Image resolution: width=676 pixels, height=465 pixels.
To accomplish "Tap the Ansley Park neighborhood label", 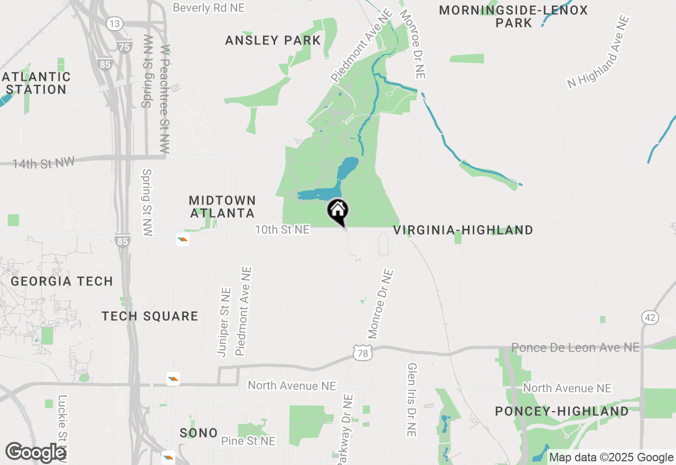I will coord(273,40).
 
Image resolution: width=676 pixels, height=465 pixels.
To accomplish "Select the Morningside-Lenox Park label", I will coord(513,16).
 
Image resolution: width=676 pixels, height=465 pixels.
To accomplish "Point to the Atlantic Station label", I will coord(36,83).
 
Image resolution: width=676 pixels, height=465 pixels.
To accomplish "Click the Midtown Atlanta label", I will coord(222,207).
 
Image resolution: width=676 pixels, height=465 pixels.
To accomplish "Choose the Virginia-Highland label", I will coord(463,230).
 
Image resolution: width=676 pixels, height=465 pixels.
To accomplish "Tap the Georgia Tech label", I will coord(62,281).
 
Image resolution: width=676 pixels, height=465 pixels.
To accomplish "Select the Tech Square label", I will coord(150,316).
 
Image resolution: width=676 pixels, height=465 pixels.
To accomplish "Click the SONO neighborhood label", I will coord(199,433).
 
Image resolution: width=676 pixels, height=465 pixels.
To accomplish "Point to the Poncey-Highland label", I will coord(562,411).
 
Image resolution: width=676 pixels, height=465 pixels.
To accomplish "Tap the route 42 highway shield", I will coord(650,318).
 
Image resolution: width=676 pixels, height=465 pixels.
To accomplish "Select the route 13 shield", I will coord(114,24).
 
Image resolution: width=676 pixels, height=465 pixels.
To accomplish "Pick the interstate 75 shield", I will coord(124,46).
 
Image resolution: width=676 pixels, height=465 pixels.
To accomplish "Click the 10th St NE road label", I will coord(282,230).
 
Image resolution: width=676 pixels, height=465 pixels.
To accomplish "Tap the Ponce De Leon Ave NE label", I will coord(575,347).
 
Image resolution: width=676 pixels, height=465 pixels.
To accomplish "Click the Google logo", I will coord(35,452).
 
